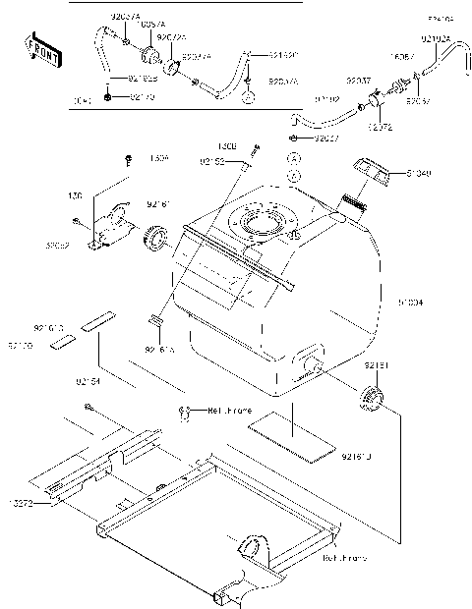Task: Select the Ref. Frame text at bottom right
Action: [x=344, y=558]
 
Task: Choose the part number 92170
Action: [x=142, y=98]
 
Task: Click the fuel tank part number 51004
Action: [x=411, y=303]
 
